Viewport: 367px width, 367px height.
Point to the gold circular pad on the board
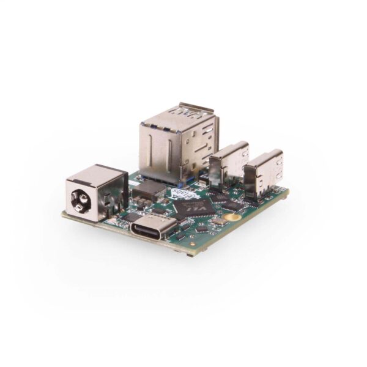click(x=231, y=217)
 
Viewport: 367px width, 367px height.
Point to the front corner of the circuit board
click(x=191, y=251)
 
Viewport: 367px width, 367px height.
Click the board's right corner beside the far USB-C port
click(x=286, y=192)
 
